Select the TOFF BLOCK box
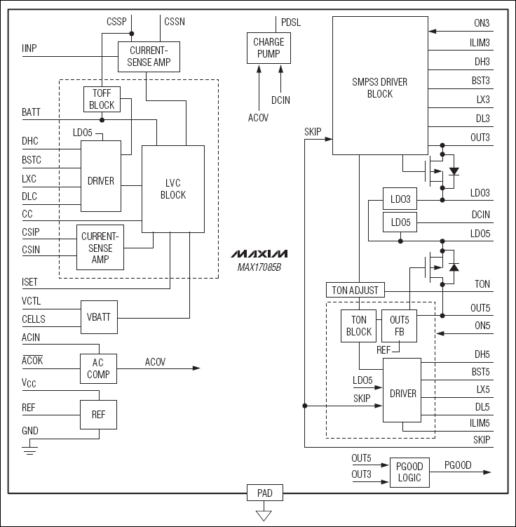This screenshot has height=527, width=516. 102,99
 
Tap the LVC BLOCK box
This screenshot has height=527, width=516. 173,189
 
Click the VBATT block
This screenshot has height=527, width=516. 98,316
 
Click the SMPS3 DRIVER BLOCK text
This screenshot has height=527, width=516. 379,88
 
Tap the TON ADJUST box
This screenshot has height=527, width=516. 356,290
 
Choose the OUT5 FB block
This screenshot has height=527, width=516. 399,326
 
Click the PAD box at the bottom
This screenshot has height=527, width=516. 264,493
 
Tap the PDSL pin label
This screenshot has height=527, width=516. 291,22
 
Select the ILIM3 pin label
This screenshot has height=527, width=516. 480,42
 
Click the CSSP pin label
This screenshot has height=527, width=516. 116,22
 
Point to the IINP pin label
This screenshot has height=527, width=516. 29,48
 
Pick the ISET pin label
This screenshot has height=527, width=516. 31,282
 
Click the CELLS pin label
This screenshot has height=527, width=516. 34,319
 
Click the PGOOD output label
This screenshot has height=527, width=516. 459,465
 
